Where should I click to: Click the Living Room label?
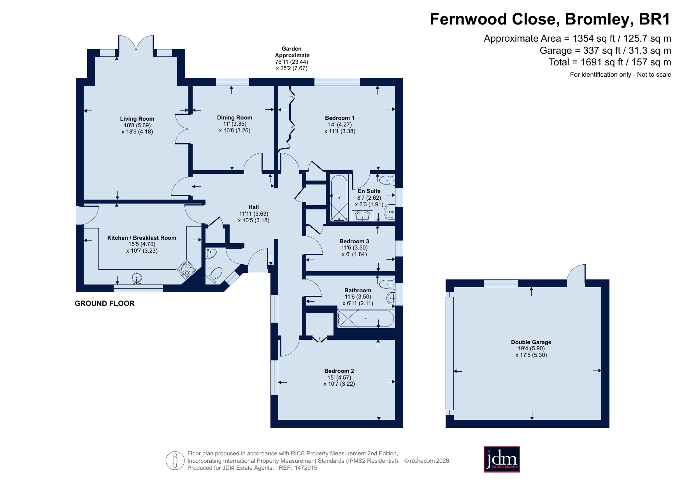[137, 119]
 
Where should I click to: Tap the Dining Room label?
[235, 118]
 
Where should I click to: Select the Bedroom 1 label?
[340, 118]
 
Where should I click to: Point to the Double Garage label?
[531, 342]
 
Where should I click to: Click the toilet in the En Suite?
[387, 180]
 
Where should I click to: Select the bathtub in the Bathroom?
[366, 319]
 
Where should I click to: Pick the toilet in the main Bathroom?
[387, 283]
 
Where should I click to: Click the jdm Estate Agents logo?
[502, 459]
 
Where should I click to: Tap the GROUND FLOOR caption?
[105, 304]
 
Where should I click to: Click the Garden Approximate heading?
[292, 52]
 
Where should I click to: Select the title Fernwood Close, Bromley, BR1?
[550, 19]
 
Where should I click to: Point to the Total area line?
[610, 62]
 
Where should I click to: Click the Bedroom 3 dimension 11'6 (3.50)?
[354, 248]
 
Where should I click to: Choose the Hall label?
[254, 207]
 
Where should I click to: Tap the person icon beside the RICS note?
[175, 461]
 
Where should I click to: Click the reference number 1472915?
[306, 468]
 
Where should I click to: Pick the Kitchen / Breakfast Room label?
[142, 238]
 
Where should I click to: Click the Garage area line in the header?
[605, 51]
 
